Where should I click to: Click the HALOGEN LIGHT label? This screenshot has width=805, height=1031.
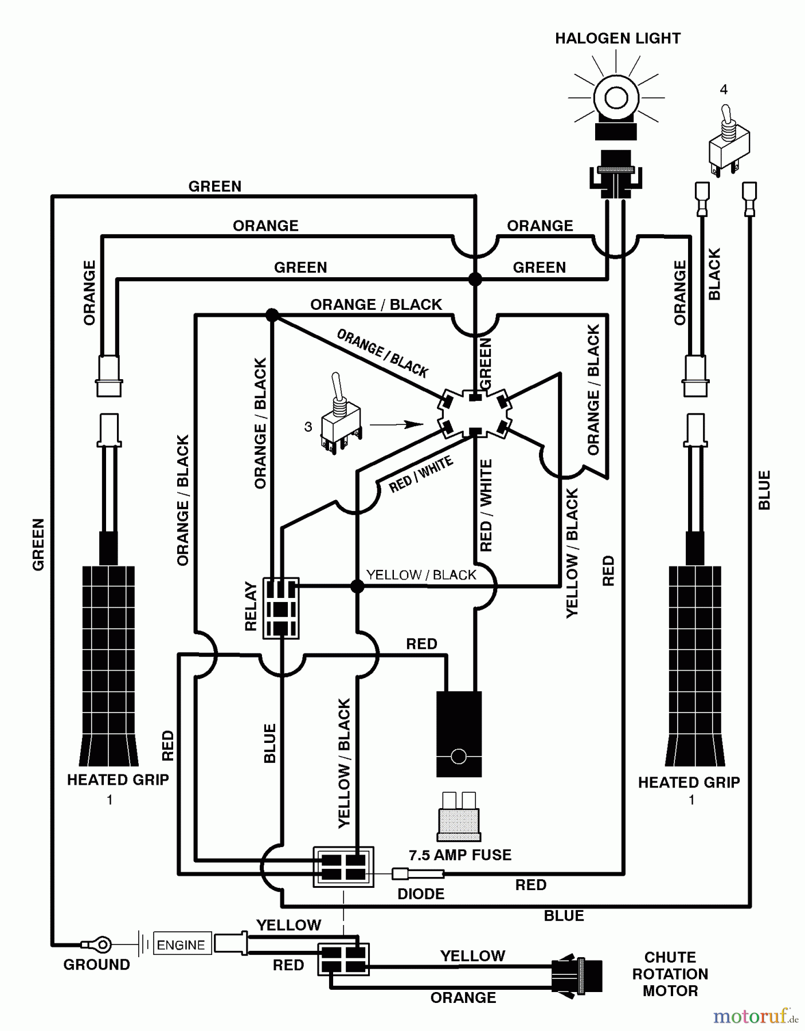tap(618, 38)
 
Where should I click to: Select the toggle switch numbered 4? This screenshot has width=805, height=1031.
tap(729, 140)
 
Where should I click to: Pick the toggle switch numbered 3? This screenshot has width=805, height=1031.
tap(341, 414)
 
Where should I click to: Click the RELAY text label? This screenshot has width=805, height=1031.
tap(251, 607)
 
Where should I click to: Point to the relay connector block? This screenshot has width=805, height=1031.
tap(280, 608)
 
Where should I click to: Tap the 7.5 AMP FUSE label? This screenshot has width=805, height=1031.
tap(460, 855)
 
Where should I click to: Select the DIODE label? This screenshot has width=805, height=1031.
tap(421, 894)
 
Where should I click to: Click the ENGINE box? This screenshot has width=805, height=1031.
tap(181, 945)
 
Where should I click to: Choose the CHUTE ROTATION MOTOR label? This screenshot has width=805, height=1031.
tap(670, 974)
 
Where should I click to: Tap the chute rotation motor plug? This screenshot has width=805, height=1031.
tap(577, 975)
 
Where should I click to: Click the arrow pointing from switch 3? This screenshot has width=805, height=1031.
tap(396, 424)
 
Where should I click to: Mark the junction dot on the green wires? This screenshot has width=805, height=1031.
tap(475, 280)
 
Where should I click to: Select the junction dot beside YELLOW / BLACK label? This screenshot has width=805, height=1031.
tap(357, 586)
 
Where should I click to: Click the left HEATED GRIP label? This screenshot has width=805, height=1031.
tap(118, 780)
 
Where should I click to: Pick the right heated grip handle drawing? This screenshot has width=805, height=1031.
tap(695, 590)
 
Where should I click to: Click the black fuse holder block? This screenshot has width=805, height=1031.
tap(459, 734)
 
